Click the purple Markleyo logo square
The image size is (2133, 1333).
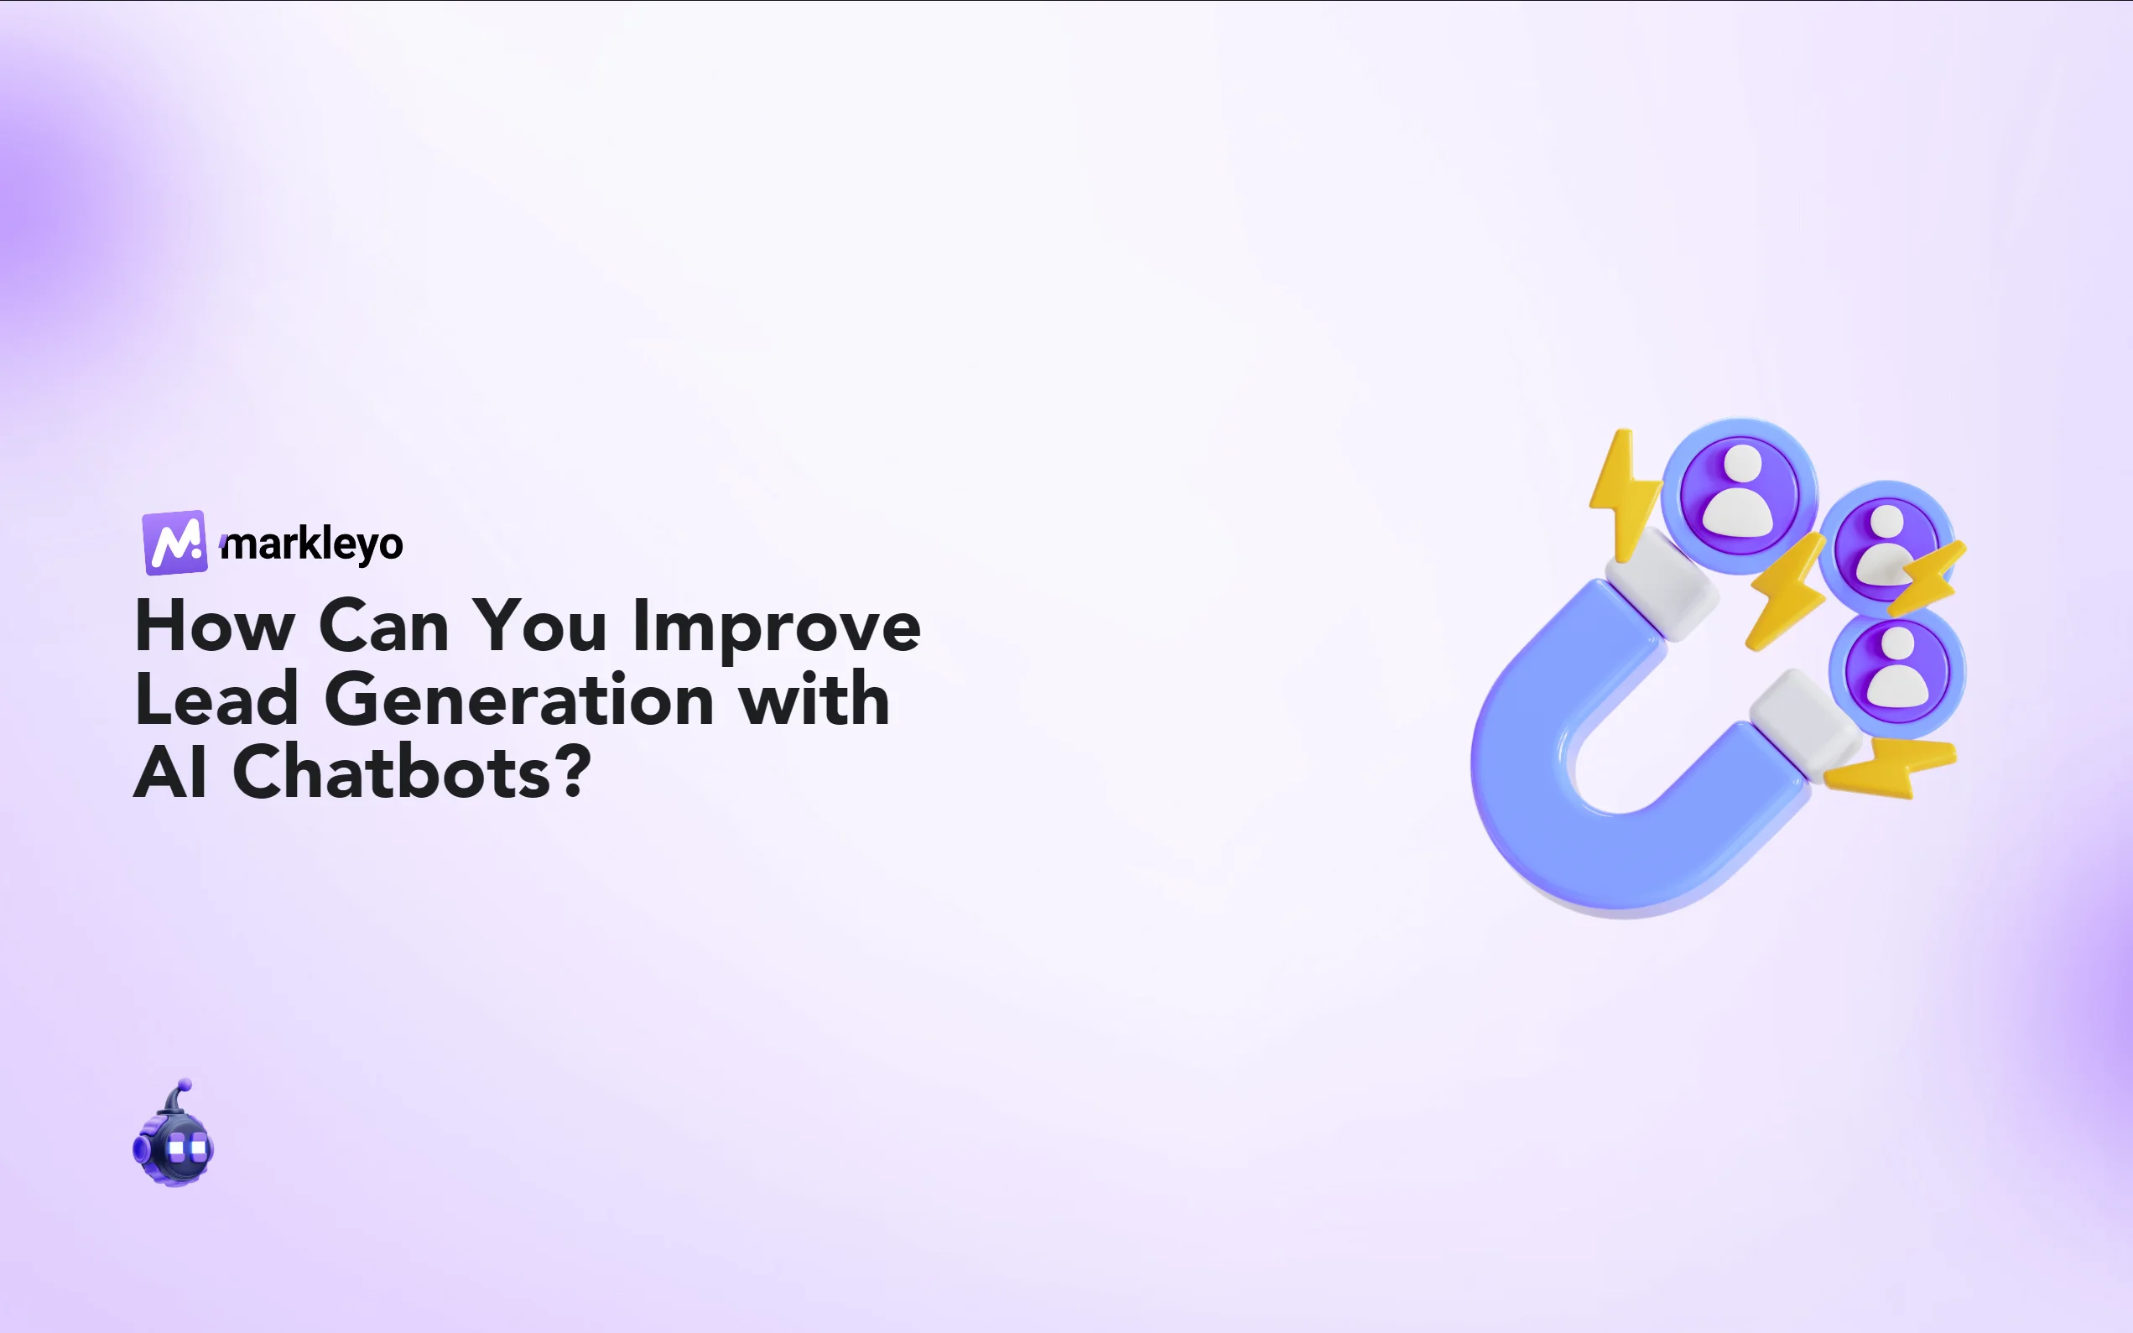pos(174,542)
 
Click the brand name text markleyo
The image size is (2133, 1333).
pos(313,544)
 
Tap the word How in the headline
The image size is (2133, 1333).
pos(214,626)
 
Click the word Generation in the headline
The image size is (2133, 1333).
pos(519,699)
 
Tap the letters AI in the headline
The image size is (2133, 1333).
pos(171,773)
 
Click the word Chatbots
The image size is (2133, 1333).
pos(393,773)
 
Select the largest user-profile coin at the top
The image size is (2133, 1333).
pos(1738,496)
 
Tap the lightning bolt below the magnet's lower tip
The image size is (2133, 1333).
pos(1891,767)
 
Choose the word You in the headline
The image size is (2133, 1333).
pos(539,626)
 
